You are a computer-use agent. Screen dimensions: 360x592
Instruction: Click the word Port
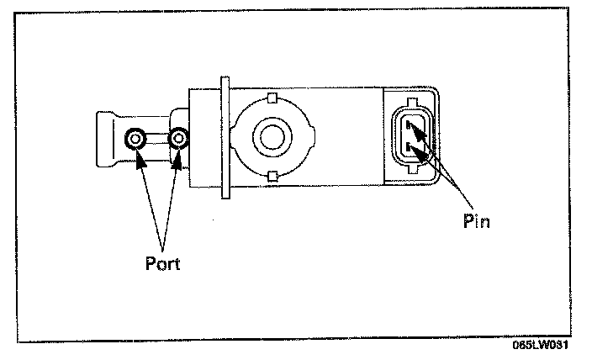(162, 262)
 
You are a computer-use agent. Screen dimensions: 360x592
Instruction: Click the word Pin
(476, 222)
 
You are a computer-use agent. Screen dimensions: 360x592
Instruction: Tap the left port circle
(135, 139)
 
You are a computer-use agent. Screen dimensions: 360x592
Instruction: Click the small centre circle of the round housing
(271, 136)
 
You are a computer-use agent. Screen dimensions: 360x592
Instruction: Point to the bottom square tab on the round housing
(271, 175)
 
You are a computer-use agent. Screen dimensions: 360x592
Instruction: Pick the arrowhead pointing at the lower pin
(418, 154)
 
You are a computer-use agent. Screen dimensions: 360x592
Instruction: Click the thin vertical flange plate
(225, 139)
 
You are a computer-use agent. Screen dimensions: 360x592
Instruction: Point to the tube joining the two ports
(157, 139)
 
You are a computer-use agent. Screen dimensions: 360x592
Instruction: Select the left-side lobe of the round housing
(237, 136)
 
